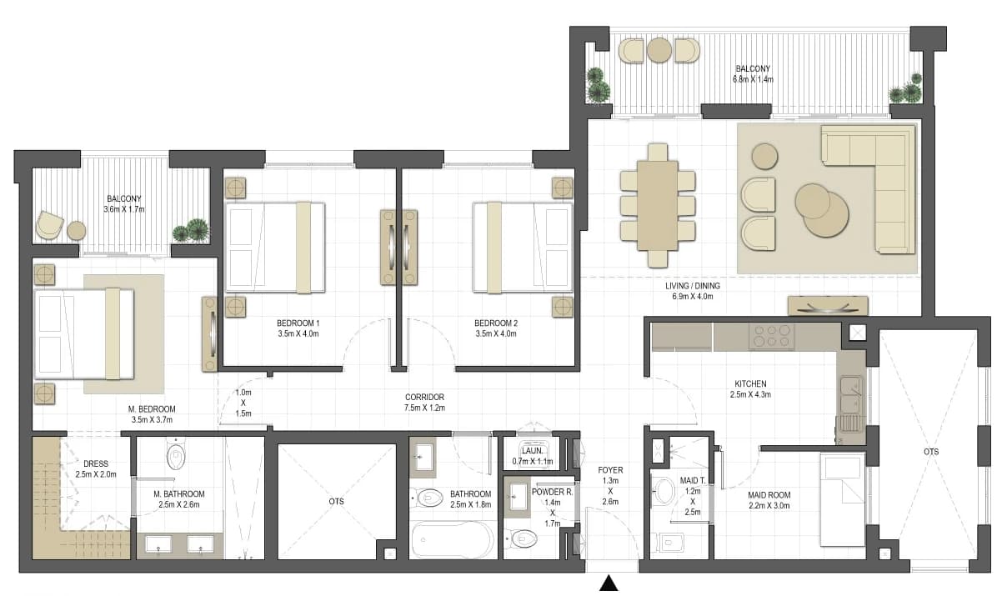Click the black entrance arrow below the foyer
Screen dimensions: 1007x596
[609, 583]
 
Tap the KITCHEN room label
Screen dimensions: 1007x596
[750, 383]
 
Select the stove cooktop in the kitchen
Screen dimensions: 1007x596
[771, 336]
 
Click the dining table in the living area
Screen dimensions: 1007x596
[657, 205]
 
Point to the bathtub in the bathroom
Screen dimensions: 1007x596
[453, 539]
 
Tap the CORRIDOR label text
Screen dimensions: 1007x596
[424, 398]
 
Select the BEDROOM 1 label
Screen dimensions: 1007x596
[298, 323]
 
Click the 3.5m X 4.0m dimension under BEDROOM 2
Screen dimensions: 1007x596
[496, 334]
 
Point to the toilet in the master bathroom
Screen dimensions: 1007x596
[176, 454]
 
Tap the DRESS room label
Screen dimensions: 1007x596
[96, 463]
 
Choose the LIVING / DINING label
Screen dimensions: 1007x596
[692, 286]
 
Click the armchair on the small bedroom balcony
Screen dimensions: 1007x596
[49, 225]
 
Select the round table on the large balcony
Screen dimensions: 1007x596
[659, 50]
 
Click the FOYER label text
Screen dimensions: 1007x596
[610, 470]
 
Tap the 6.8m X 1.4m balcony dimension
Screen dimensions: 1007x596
[753, 79]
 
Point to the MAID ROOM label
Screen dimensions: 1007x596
[769, 495]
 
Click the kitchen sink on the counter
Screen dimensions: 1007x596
[851, 394]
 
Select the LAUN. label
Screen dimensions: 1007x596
[532, 451]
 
